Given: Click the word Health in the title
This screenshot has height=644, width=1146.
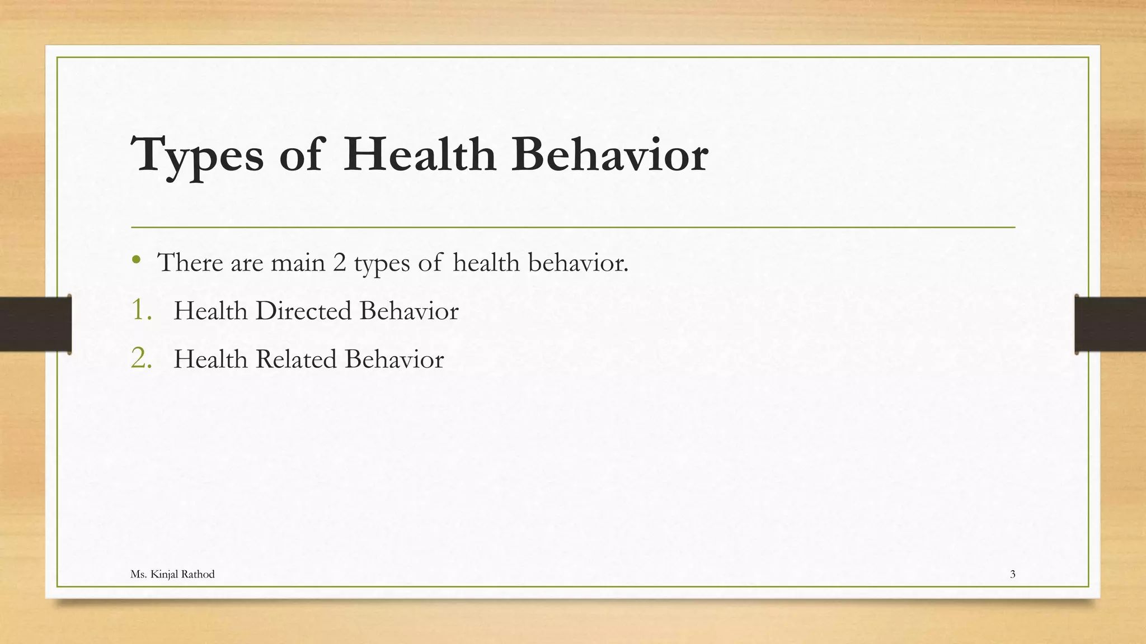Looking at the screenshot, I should coord(420,154).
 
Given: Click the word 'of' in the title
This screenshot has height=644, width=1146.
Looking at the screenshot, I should coord(302,154).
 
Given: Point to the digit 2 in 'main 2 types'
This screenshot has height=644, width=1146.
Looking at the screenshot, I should coord(339,262).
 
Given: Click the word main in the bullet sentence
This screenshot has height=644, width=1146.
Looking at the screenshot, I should coord(298,262).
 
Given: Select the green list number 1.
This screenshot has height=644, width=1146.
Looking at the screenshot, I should coord(140,310).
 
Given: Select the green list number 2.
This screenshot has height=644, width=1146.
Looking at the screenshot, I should coord(141,358).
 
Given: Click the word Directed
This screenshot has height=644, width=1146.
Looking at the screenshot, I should coord(303,311).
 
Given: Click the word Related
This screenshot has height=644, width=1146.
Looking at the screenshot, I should coord(295,359).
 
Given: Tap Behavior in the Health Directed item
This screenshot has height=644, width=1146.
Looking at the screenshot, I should coord(408,311).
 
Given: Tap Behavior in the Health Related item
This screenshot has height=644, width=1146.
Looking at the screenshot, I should coord(394,359).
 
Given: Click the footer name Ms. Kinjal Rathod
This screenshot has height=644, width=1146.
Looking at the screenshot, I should coord(172,574).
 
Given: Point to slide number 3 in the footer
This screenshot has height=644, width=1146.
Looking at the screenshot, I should coord(1012,574).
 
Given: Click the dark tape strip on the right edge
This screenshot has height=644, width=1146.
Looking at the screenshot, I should coord(1110,324).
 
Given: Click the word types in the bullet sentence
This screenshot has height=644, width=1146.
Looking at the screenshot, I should coord(382,263).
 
